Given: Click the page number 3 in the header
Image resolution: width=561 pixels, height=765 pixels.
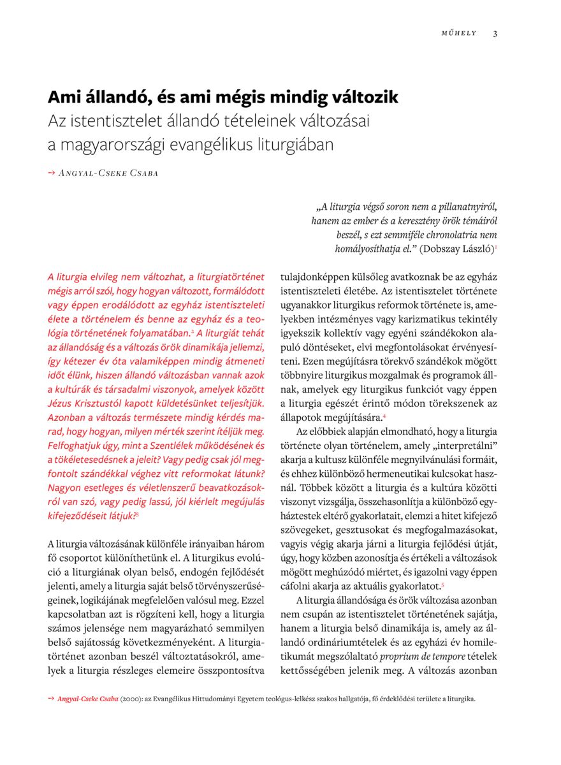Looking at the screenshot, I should pyautogui.click(x=495, y=34).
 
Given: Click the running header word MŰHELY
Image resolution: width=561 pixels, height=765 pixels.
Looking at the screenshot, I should pyautogui.click(x=459, y=34).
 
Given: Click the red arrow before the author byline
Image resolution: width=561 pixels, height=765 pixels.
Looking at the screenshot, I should pyautogui.click(x=52, y=173).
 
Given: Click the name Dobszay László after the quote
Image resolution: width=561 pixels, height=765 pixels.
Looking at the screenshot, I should pyautogui.click(x=455, y=249).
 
